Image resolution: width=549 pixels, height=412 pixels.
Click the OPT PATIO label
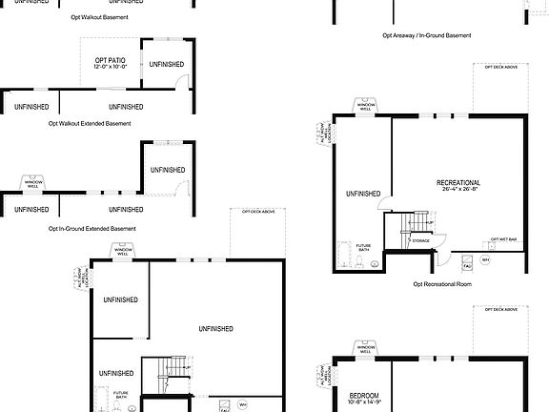(111, 60)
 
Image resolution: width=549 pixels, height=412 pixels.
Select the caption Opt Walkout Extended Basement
(90, 123)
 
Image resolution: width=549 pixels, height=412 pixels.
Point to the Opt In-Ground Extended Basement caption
(91, 229)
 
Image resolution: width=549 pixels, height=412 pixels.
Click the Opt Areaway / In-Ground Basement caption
(426, 35)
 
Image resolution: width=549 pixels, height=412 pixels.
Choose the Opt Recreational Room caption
(442, 283)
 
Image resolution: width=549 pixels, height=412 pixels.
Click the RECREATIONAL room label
(458, 182)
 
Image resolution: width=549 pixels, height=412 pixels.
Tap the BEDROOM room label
(364, 396)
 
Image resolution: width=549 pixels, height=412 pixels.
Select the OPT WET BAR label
(503, 239)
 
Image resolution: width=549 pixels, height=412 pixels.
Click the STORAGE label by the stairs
(420, 241)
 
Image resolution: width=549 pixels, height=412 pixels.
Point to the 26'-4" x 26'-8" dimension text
(458, 190)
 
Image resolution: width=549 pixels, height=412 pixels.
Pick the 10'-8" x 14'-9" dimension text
(364, 403)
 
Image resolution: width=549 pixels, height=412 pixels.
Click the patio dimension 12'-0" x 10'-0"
(111, 68)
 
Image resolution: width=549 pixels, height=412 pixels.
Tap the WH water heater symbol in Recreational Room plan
(485, 259)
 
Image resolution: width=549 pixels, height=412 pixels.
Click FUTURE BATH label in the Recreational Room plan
(363, 249)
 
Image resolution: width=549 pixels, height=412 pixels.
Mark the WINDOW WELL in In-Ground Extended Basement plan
(32, 182)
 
